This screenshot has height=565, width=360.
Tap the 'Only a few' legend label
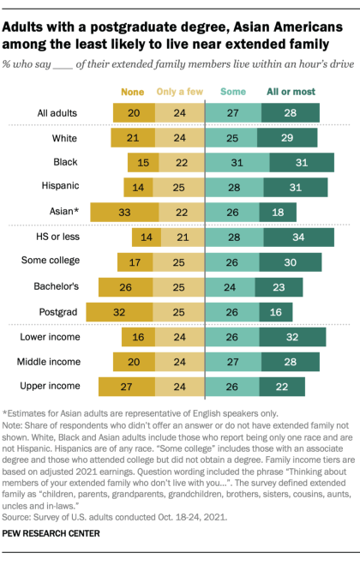(x=181, y=91)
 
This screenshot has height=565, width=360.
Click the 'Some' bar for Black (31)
(x=235, y=162)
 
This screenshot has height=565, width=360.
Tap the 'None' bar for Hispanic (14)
(x=137, y=187)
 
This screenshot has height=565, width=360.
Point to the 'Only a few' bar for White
(x=182, y=137)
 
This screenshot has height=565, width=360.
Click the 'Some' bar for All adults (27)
(x=232, y=111)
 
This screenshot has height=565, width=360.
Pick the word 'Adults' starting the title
(x=25, y=27)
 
